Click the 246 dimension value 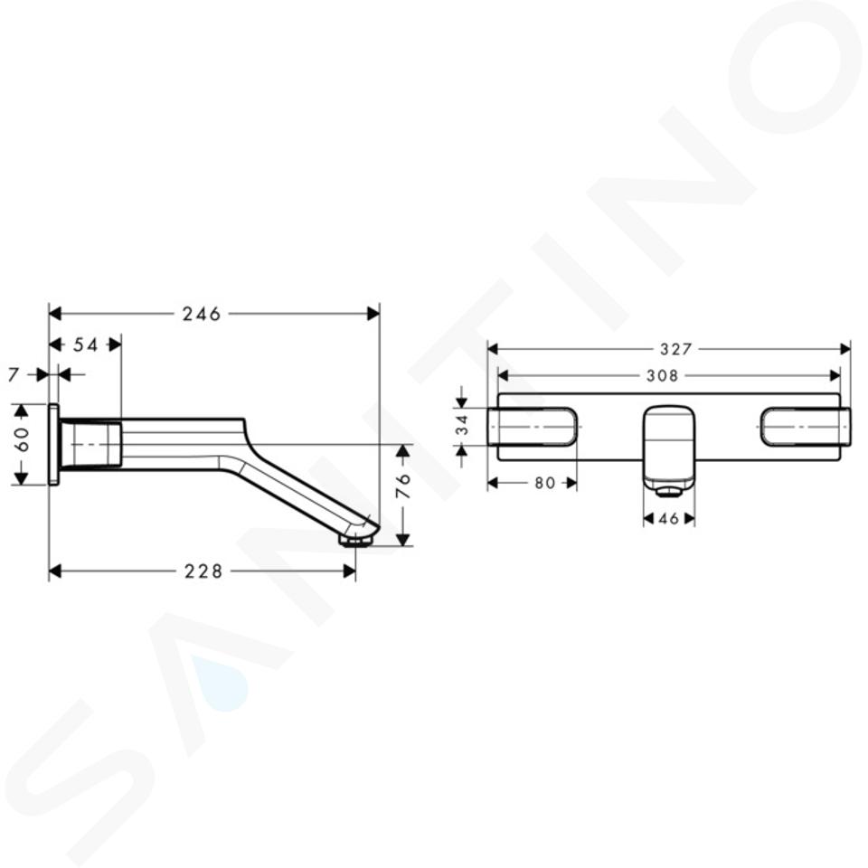tap(202, 315)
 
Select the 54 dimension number tap(86, 344)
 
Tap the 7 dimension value tap(14, 374)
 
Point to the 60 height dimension tap(23, 439)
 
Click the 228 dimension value tap(203, 571)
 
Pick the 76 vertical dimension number tap(405, 486)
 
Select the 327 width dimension tap(676, 349)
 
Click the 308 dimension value tap(662, 376)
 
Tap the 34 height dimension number tap(462, 425)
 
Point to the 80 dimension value tap(544, 483)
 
